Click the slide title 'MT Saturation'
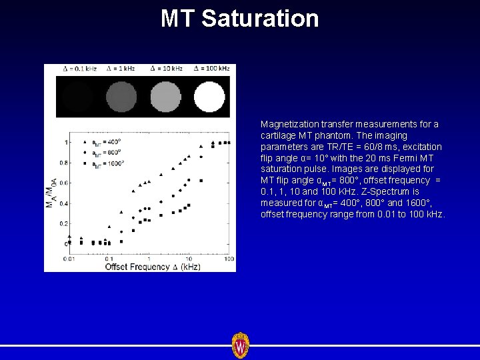(x=240, y=18)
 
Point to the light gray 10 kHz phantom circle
(x=165, y=97)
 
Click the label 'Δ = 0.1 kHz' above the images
(x=78, y=69)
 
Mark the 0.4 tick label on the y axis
(x=65, y=203)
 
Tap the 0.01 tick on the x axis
(x=69, y=258)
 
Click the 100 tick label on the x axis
(x=228, y=258)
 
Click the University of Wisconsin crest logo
(x=240, y=345)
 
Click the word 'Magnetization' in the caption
(x=287, y=124)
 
